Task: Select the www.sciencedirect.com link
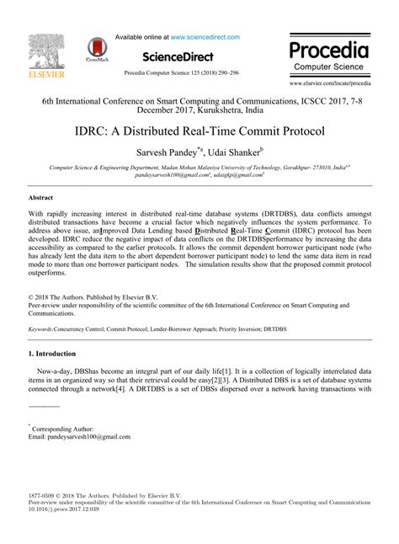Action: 205,37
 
